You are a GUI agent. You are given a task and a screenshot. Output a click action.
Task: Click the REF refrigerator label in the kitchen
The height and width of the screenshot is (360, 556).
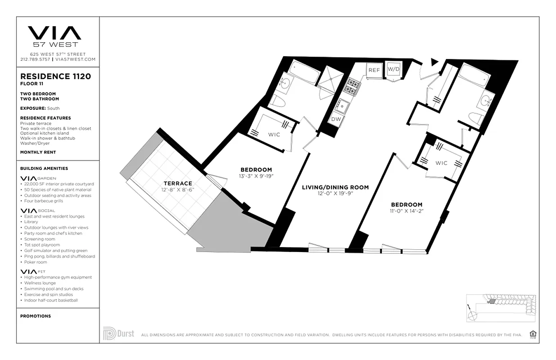(x=374, y=70)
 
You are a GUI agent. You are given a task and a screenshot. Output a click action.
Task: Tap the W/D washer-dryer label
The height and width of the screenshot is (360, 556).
(x=394, y=69)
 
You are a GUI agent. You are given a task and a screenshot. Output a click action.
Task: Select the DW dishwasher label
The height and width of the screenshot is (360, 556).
(x=336, y=119)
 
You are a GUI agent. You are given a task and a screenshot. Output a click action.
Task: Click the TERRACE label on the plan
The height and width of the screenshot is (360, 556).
(x=178, y=183)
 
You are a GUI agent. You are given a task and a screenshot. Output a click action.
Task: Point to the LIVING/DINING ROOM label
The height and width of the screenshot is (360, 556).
(x=335, y=187)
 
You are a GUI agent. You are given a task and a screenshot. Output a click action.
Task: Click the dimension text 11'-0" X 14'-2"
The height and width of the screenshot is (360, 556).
(x=406, y=211)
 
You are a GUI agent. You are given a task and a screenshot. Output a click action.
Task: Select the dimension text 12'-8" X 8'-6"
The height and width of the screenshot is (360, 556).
(x=178, y=189)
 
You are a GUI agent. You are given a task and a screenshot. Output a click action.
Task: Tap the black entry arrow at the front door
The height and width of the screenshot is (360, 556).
(x=434, y=62)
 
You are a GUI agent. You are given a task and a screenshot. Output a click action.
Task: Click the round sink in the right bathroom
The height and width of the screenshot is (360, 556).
(x=485, y=100)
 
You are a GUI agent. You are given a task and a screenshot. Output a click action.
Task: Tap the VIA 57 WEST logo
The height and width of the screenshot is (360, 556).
(x=54, y=36)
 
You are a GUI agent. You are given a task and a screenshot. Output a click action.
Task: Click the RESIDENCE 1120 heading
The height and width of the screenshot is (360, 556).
(x=56, y=76)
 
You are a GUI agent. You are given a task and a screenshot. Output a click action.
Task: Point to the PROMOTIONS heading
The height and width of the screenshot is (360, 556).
(x=36, y=316)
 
